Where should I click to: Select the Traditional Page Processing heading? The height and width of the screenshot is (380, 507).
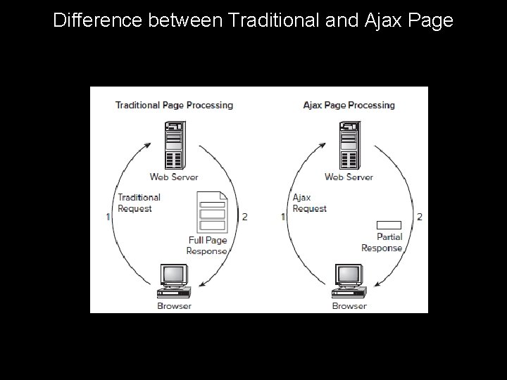point(174,106)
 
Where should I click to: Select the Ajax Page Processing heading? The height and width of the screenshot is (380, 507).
point(349,106)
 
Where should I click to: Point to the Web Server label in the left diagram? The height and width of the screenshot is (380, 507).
point(174,177)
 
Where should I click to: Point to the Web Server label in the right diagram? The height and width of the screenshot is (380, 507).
point(349,177)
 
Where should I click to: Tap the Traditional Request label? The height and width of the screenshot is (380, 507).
point(139,203)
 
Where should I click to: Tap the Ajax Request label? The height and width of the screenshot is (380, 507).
point(309,203)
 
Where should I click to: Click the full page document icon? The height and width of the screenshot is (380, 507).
point(213,213)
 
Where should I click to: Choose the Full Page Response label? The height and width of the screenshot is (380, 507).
point(207,246)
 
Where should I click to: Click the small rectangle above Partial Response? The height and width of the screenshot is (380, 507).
point(389,225)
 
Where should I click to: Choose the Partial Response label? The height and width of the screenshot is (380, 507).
point(382,242)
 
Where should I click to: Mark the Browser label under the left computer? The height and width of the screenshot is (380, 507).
point(174,306)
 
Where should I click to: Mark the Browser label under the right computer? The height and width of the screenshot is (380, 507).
point(349,306)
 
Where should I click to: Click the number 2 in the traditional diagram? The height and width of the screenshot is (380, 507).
point(244,217)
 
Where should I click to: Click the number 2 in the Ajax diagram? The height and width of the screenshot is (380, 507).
point(420,217)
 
